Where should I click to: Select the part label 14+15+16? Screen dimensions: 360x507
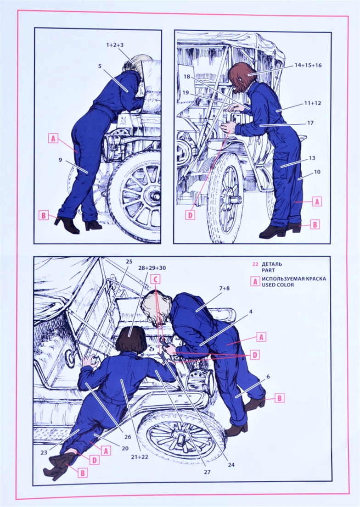pyautogui.click(x=308, y=66)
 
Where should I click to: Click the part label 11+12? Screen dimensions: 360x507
pyautogui.click(x=312, y=103)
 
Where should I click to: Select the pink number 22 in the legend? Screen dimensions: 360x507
pyautogui.click(x=255, y=264)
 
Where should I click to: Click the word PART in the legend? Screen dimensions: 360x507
pyautogui.click(x=268, y=270)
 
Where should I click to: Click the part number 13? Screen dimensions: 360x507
pyautogui.click(x=312, y=158)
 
